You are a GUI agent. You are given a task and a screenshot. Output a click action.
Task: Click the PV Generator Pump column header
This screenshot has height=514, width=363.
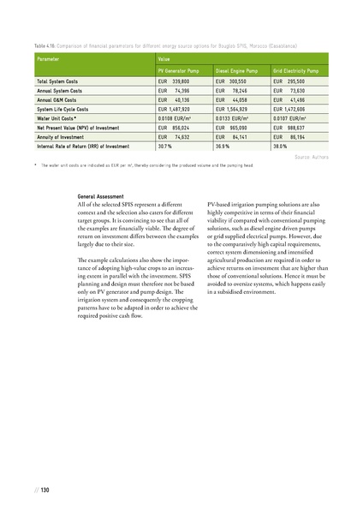point(177,69)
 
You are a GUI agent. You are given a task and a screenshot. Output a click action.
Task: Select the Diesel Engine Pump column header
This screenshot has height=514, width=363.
point(235,69)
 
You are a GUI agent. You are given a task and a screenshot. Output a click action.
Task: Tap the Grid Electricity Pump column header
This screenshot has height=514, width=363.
point(295,69)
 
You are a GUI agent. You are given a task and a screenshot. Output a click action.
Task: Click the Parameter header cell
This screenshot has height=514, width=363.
point(49,58)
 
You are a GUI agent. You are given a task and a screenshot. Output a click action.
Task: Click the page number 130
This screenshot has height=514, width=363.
point(45,489)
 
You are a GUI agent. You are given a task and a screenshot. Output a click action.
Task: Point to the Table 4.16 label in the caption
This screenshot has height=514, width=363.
point(46,43)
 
